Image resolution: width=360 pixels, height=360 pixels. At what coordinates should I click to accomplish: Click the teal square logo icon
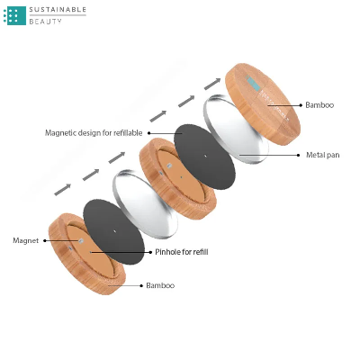pyautogui.click(x=14, y=15)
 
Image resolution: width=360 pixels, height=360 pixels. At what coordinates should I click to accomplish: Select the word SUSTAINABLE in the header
pyautogui.click(x=58, y=10)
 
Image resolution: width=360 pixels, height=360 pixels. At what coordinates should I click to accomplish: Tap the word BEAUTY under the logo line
pyautogui.click(x=45, y=22)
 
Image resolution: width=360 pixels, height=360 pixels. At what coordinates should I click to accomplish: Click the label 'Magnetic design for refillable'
pyautogui.click(x=94, y=133)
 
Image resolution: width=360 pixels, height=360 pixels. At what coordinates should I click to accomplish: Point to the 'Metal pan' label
pyautogui.click(x=323, y=155)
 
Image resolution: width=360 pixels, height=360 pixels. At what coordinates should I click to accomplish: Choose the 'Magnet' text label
pyautogui.click(x=26, y=240)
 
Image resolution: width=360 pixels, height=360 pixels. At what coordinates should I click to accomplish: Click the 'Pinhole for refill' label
pyautogui.click(x=182, y=252)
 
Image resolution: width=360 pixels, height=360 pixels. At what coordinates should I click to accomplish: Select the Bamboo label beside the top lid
pyautogui.click(x=319, y=105)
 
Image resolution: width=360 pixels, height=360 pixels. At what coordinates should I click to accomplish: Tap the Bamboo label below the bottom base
pyautogui.click(x=160, y=285)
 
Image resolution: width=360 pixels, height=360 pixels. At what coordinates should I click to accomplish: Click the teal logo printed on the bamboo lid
pyautogui.click(x=253, y=83)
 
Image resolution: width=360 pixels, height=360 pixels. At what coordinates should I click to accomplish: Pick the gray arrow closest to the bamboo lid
pyautogui.click(x=212, y=84)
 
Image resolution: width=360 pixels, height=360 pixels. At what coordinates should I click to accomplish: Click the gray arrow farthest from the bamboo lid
pyautogui.click(x=63, y=190)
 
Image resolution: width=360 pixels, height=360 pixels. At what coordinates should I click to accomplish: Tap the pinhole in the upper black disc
pyautogui.click(x=205, y=156)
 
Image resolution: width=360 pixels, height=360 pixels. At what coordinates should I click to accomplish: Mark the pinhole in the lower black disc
pyautogui.click(x=114, y=231)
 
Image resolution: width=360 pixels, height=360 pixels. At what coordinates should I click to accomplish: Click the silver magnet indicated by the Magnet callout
pyautogui.click(x=80, y=240)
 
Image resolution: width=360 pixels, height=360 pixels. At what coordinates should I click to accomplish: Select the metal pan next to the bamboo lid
pyautogui.click(x=236, y=130)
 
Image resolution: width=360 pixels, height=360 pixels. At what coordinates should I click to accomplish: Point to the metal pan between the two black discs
pyautogui.click(x=145, y=204)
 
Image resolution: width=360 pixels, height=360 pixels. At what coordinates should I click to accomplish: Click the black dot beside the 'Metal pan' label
pyautogui.click(x=298, y=155)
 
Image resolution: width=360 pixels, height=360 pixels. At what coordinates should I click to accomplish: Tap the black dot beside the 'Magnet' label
pyautogui.click(x=45, y=240)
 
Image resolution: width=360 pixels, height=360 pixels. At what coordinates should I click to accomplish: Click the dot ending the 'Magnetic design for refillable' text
pyautogui.click(x=149, y=133)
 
